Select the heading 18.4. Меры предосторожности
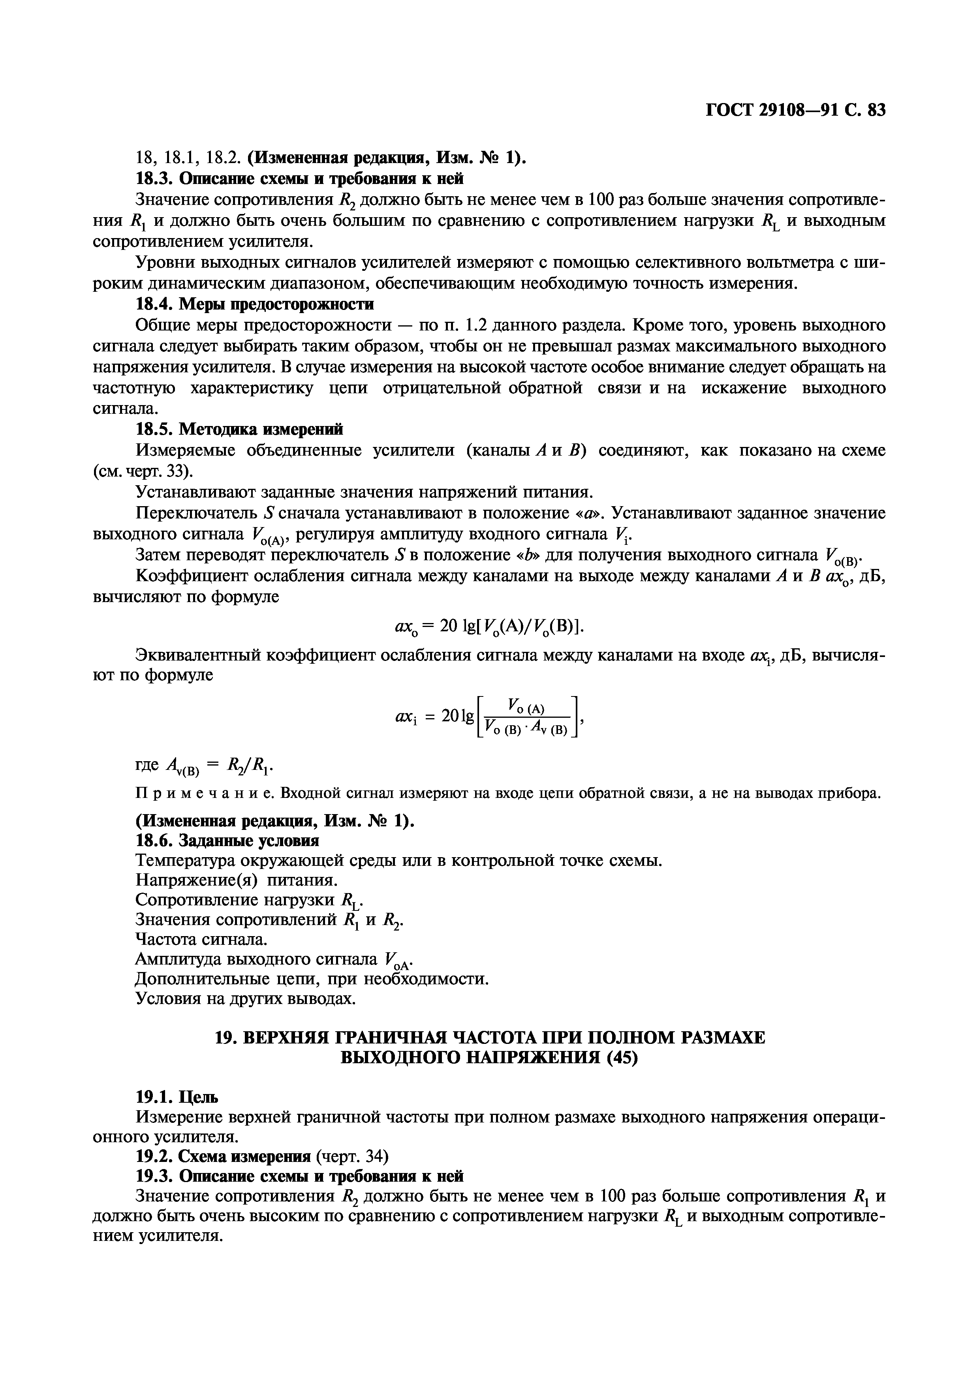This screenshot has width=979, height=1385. click(x=255, y=304)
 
